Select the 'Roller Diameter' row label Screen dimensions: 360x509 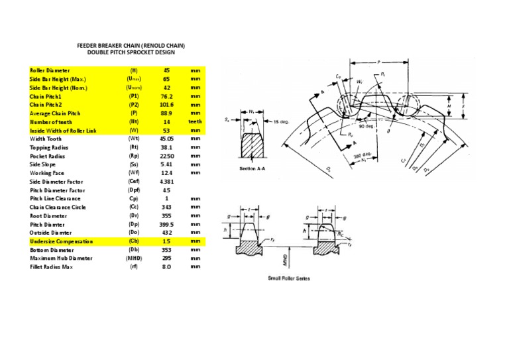point(50,70)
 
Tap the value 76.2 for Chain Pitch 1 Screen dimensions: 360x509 point(166,96)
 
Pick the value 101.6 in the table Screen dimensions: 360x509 point(166,105)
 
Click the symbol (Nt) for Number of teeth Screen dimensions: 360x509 point(134,122)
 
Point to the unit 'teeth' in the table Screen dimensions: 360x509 point(195,122)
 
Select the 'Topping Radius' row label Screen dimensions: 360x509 point(48,147)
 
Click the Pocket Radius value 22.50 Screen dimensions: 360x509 point(166,156)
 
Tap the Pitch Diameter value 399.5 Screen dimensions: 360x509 point(166,225)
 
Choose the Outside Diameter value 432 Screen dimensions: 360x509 point(166,233)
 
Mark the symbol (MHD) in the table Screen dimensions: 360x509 point(134,259)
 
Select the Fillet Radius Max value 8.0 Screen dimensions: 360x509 point(166,267)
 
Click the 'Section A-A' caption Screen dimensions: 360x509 point(253,169)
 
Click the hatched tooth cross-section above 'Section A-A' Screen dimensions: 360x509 point(252,147)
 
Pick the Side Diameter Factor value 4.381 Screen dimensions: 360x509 point(166,182)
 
